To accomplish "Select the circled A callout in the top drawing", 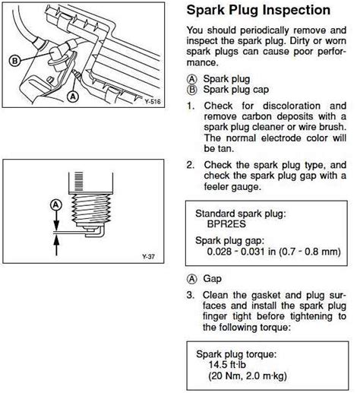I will click(x=72, y=97).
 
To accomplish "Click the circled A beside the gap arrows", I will click(x=55, y=204).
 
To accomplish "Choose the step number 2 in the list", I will click(x=190, y=164).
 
